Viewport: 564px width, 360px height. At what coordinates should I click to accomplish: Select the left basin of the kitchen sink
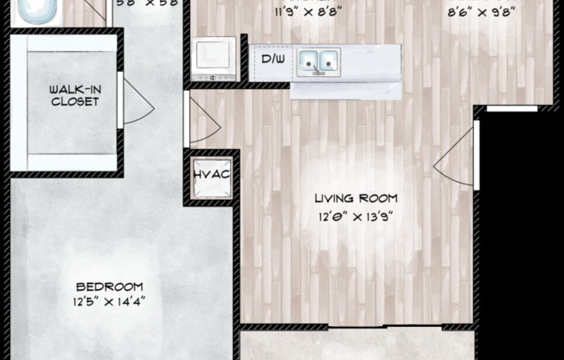pyautogui.click(x=308, y=61)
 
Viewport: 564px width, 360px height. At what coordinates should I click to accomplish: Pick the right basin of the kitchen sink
pyautogui.click(x=330, y=61)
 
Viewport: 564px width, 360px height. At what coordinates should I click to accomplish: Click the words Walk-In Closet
pyautogui.click(x=74, y=96)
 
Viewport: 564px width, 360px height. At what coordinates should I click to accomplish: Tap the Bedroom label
pyautogui.click(x=109, y=287)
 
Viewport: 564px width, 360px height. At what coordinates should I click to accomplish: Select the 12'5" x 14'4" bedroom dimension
pyautogui.click(x=109, y=302)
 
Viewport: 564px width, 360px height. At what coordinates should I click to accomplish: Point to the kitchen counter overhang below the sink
pyautogui.click(x=346, y=87)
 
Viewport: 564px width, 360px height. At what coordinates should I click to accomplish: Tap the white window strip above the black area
pyautogui.click(x=511, y=110)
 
